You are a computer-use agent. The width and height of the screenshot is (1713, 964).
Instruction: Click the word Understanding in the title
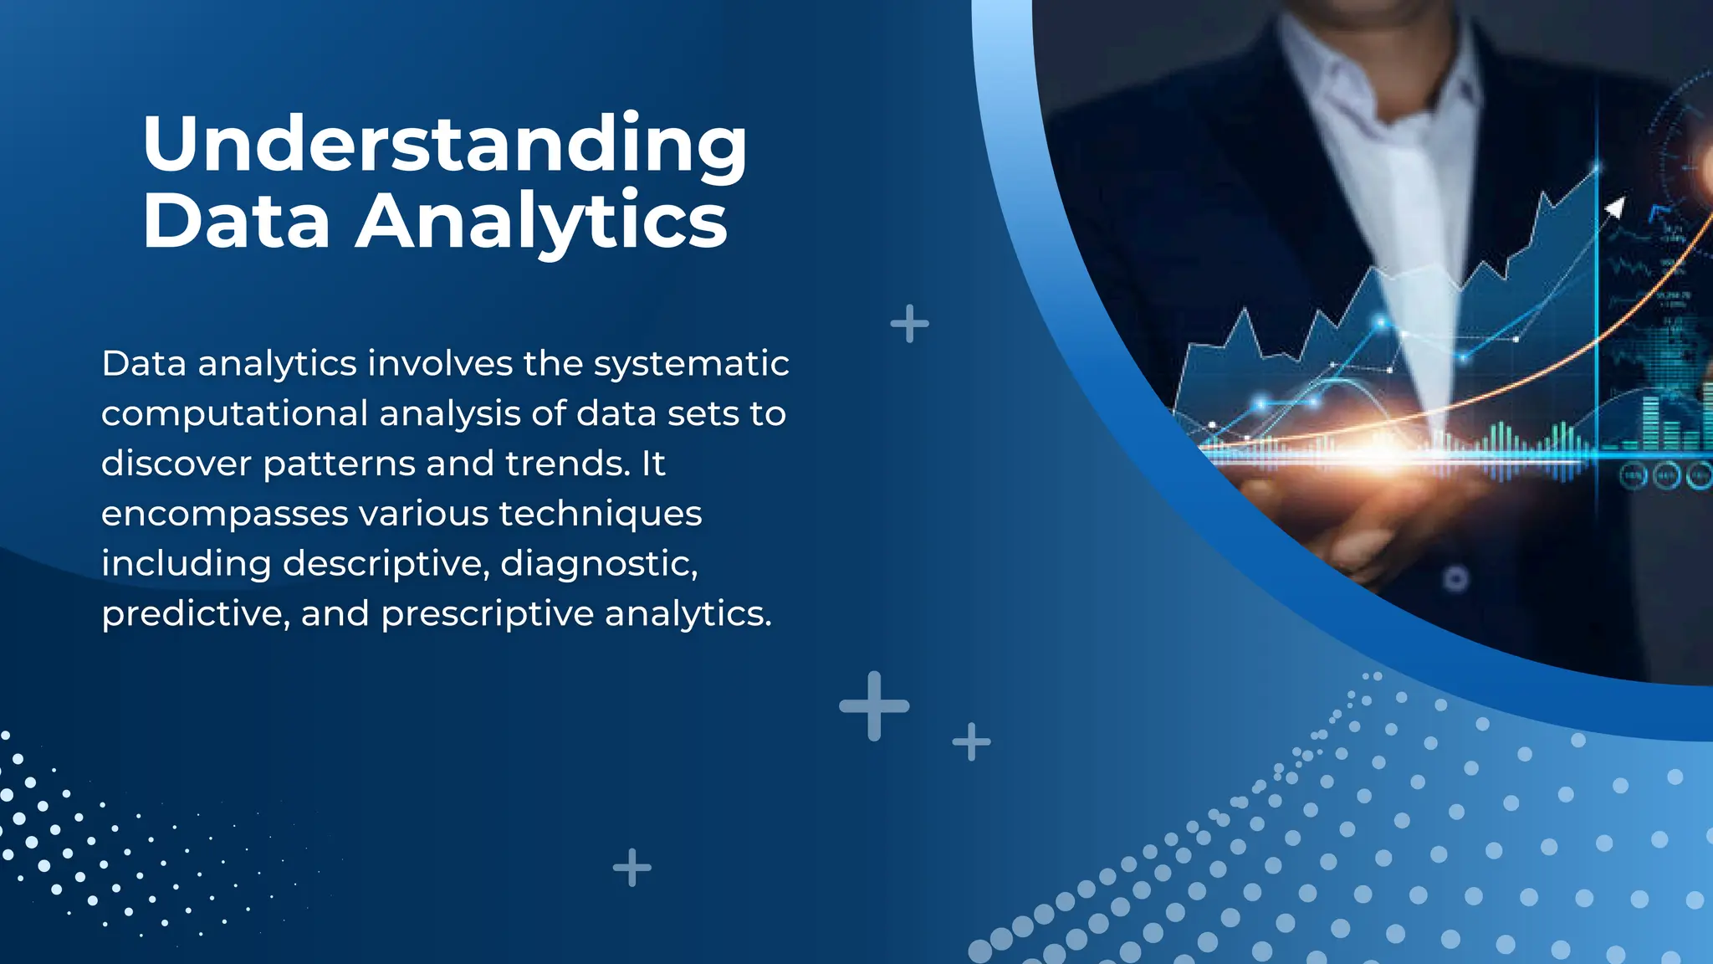444,144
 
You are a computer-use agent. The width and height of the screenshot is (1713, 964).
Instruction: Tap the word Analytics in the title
541,221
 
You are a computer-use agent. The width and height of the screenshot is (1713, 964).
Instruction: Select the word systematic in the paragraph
691,364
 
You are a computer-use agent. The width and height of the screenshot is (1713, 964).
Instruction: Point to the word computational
234,414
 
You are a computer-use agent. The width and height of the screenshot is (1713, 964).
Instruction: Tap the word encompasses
224,514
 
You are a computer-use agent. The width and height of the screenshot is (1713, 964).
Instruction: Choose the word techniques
600,513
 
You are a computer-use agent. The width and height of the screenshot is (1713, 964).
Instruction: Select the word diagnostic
598,564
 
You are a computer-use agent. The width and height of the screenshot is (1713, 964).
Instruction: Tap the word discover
176,464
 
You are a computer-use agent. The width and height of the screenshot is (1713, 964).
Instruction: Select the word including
186,564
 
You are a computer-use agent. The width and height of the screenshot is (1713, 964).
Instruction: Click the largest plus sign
874,705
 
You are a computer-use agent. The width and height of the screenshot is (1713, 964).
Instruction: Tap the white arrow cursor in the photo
1615,207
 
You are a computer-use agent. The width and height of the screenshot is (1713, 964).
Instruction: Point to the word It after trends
652,464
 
